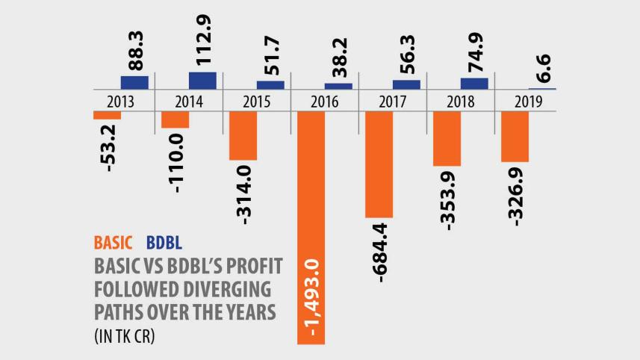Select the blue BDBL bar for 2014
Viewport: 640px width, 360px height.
(x=202, y=81)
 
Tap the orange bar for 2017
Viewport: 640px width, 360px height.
(x=379, y=164)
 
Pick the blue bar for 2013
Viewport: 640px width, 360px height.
(x=134, y=82)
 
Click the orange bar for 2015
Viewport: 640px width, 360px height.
(x=243, y=136)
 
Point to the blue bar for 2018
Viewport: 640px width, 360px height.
(x=474, y=84)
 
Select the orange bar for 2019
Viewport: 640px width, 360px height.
(x=515, y=137)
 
